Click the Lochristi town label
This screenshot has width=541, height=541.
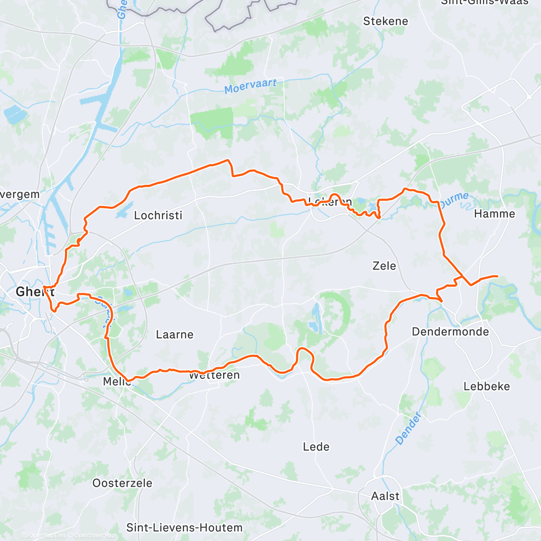(x=158, y=215)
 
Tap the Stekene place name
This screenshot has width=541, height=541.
(x=385, y=21)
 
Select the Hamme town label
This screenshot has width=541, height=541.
(x=495, y=214)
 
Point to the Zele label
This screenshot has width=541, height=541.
(x=384, y=266)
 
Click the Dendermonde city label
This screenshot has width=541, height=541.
(x=450, y=332)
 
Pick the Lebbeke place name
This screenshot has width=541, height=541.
(x=486, y=386)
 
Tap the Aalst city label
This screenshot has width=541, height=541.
(x=385, y=496)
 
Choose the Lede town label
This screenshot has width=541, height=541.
(x=316, y=447)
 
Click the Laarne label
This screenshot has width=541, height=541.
(x=174, y=335)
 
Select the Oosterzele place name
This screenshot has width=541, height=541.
(x=122, y=483)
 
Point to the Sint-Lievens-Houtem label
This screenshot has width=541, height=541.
(x=184, y=527)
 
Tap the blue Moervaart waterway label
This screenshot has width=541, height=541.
(x=250, y=86)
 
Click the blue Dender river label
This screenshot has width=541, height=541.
(x=408, y=429)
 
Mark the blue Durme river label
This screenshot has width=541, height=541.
(x=454, y=200)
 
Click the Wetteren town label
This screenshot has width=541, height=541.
(x=214, y=376)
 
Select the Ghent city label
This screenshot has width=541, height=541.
(x=35, y=292)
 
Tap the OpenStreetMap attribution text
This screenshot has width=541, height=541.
(x=94, y=535)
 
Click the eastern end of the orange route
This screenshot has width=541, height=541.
(x=497, y=276)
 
